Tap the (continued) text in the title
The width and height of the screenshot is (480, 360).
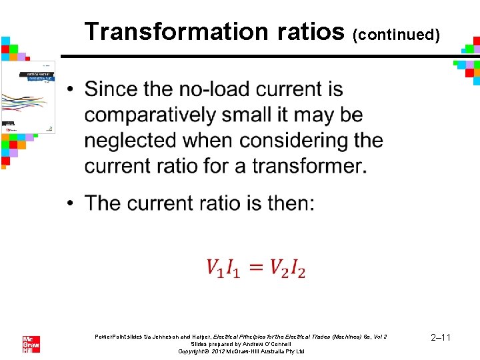(x=396, y=34)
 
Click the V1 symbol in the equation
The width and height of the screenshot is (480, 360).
(x=217, y=268)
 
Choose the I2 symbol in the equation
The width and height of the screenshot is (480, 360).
(x=297, y=268)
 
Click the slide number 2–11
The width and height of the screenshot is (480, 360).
(x=441, y=338)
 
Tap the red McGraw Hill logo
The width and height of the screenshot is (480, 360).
(x=31, y=344)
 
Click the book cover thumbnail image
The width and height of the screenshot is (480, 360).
(x=29, y=96)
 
